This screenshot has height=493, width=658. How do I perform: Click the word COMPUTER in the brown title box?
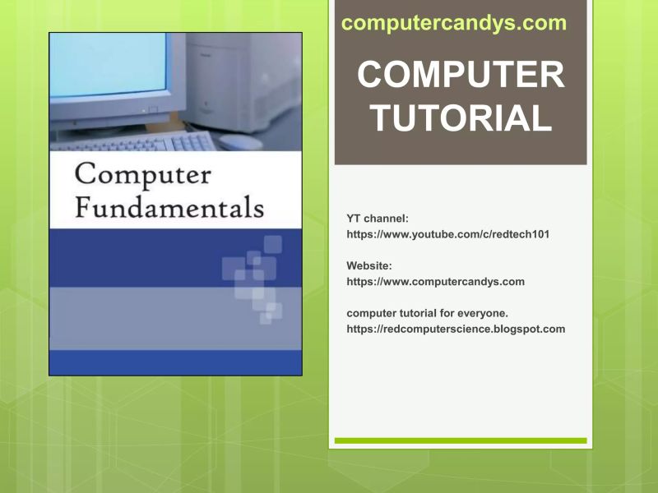[461, 76]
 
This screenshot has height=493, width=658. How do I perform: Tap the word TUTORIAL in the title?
[461, 118]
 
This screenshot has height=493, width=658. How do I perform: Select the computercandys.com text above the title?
[454, 23]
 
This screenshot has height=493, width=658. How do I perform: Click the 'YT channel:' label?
[378, 219]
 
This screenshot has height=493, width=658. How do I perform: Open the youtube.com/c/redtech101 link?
[447, 234]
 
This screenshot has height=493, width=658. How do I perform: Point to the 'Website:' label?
[369, 265]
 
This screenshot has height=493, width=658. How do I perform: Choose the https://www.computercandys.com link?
[435, 281]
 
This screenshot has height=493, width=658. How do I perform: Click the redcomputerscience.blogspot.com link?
[456, 329]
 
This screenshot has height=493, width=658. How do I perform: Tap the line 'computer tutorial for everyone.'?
[427, 313]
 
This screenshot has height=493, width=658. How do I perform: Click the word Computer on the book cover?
[143, 173]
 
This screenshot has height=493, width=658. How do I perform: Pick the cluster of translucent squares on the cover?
[255, 279]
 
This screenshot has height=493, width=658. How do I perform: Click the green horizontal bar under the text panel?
[461, 440]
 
